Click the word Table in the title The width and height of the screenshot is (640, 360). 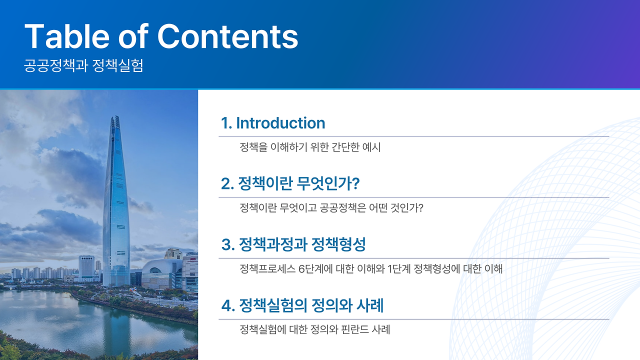coord(67,36)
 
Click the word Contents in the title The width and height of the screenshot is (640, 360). coord(227,36)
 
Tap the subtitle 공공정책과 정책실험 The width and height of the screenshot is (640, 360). coord(83,65)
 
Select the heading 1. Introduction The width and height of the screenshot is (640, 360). coord(273,123)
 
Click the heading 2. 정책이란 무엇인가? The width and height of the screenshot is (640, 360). coord(290,183)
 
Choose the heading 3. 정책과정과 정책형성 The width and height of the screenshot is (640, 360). coord(293,244)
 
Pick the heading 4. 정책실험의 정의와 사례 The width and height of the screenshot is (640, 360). coord(302,305)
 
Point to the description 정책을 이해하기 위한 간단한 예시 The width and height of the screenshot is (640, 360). coord(310,147)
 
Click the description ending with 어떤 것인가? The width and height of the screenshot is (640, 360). coord(331,207)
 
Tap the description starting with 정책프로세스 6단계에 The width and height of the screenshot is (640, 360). coord(371,269)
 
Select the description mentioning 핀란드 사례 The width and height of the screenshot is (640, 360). coord(315,329)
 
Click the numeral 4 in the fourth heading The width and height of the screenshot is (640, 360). coord(226,305)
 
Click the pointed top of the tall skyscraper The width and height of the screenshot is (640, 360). coord(116,116)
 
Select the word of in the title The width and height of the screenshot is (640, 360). coord(133,36)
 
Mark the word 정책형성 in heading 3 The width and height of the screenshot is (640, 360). coord(338,244)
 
